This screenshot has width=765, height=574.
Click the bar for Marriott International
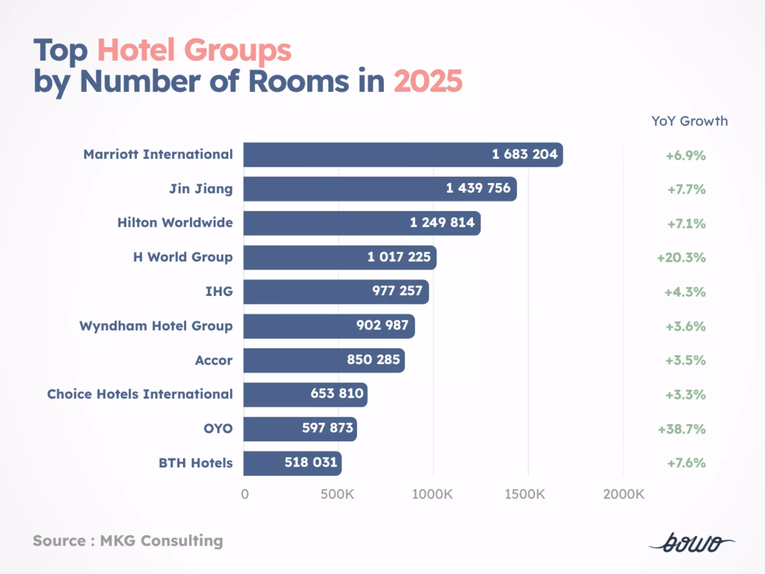click(402, 155)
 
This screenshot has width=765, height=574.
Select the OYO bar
click(300, 429)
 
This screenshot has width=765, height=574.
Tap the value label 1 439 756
click(478, 188)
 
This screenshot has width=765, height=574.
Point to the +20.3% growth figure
click(681, 258)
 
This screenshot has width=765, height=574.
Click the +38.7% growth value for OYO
click(682, 429)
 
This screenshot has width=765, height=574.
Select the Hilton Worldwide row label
click(175, 222)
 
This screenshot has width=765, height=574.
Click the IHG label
click(219, 291)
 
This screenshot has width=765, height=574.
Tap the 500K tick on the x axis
click(337, 494)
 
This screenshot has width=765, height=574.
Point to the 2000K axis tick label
click(624, 494)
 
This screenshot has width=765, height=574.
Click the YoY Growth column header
click(689, 121)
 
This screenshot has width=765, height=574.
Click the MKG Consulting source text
click(161, 541)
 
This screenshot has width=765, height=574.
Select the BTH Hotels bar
click(292, 463)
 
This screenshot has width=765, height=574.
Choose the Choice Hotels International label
click(140, 394)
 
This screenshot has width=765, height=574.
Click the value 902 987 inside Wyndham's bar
click(382, 325)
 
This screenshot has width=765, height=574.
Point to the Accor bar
click(324, 360)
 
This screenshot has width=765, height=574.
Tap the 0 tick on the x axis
click(245, 494)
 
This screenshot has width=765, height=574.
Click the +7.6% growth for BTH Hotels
click(686, 463)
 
